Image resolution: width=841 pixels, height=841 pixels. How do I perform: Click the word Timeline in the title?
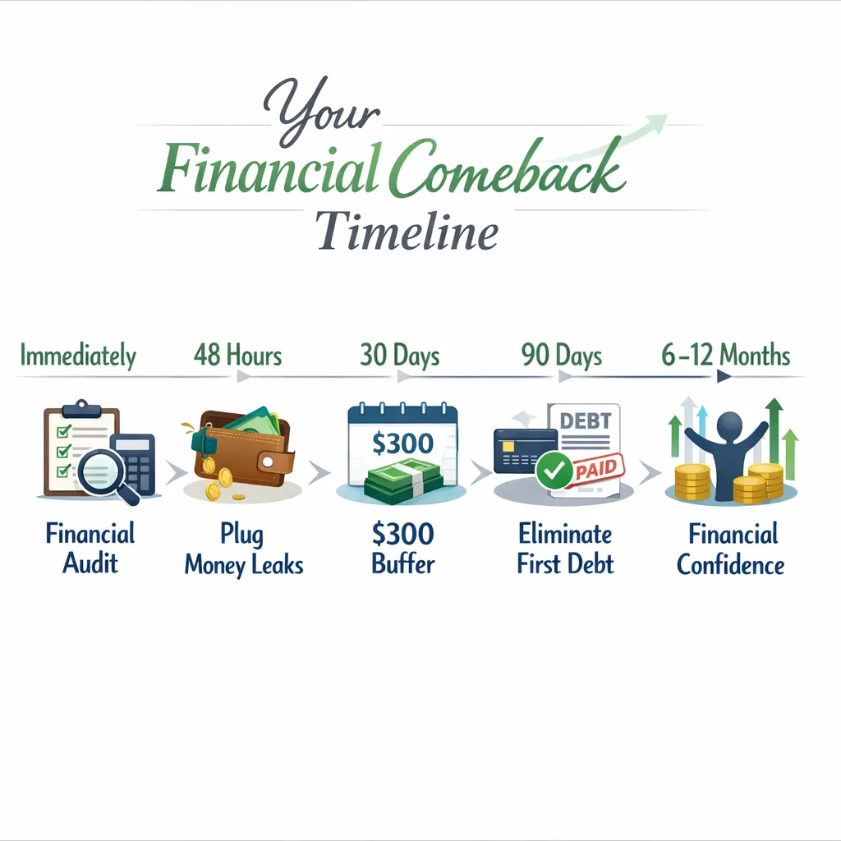[x=407, y=232]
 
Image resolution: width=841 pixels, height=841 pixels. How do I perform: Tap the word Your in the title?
[x=321, y=112]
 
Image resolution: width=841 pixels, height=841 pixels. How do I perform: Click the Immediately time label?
[x=78, y=355]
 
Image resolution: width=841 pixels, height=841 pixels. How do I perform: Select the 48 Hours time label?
[x=237, y=355]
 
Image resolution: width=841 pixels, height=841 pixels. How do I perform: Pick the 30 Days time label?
[x=400, y=355]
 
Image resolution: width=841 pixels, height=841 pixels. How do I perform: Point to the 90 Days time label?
[x=561, y=355]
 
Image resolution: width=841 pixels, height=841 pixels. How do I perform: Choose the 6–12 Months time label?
[x=726, y=355]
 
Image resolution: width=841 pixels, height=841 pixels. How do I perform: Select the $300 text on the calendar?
[x=402, y=443]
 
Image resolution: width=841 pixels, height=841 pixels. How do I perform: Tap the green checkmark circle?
[x=554, y=471]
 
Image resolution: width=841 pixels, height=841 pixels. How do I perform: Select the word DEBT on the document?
[x=585, y=421]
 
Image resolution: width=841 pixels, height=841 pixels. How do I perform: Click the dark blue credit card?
[x=526, y=451]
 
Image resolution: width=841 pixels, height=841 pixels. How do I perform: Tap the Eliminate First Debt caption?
[x=565, y=549]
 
